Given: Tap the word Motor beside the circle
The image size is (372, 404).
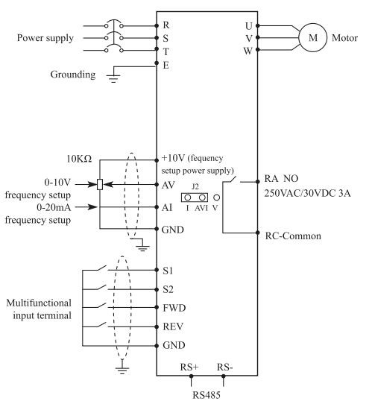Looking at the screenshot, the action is coord(344,38).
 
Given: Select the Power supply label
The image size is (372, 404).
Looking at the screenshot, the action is coord(45,38).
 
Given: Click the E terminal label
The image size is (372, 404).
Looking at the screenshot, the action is coord(166,65).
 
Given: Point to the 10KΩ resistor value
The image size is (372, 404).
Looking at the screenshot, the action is coord(79,159).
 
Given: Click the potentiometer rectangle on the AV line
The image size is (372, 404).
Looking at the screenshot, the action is coord(100,184).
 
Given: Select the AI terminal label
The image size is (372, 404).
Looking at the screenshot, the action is coord(167,207).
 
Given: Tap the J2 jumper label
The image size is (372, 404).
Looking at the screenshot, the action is coord(195,186).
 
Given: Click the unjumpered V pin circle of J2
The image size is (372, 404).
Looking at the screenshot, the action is coord(217,198).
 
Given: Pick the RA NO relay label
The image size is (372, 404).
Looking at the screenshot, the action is coord(281,178).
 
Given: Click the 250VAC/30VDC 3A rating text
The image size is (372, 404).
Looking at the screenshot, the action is coord(307,193).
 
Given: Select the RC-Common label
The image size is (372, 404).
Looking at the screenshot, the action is coord(293,236).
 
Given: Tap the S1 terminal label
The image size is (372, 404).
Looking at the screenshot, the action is coord(168,271).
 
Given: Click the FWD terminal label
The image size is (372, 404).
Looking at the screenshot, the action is coord(174,308).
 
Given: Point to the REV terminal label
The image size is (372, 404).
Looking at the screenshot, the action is coord(173,326).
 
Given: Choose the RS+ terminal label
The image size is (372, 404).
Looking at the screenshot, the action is coord(189,367).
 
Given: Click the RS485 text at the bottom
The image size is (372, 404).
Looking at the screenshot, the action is coord(207,395).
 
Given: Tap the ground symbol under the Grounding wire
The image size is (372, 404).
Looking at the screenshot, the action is coord(113,78).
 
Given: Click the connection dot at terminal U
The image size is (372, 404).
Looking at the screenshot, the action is coord(258,25).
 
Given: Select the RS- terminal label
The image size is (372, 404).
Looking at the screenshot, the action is coord(224,367).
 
